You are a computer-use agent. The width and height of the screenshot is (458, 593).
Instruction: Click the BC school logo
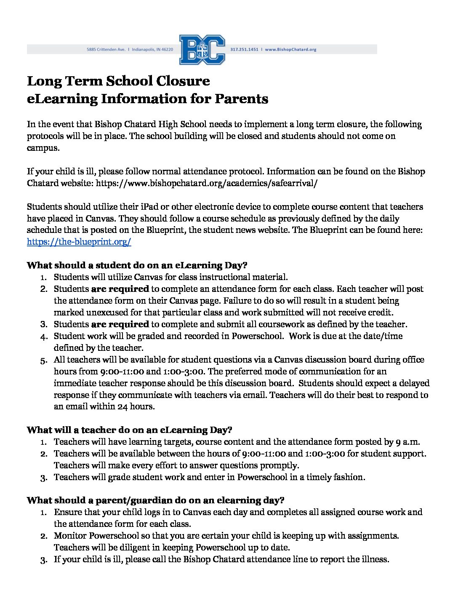tap(202, 50)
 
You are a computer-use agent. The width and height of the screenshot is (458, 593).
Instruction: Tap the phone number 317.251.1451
tap(244, 49)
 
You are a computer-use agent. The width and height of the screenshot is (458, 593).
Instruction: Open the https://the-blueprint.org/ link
tap(79, 242)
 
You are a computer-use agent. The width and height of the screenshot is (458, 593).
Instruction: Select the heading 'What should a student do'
tap(137, 265)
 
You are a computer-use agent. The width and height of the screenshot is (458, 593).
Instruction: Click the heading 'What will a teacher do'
tap(129, 430)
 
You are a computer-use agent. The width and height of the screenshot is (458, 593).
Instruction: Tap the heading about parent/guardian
tap(155, 500)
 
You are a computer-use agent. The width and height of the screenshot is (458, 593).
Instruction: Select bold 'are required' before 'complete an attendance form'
tap(120, 289)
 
